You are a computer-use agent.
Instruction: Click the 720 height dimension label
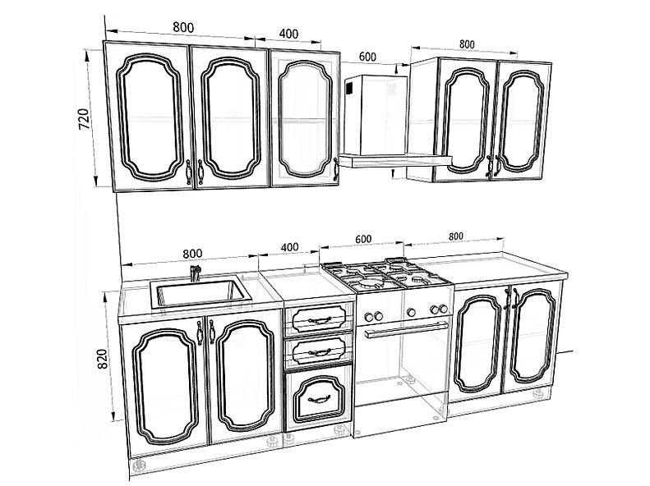click(x=83, y=119)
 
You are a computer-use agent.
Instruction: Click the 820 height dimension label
click(x=102, y=359)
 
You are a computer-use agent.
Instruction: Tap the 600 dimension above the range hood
click(x=367, y=57)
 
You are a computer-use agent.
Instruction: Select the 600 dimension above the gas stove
click(x=363, y=239)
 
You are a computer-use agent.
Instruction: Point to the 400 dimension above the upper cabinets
click(x=288, y=33)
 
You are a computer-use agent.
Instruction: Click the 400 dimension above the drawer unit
click(x=289, y=247)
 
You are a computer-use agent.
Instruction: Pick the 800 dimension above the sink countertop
click(x=192, y=254)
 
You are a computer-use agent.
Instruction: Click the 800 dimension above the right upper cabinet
click(x=467, y=44)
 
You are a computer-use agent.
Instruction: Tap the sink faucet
click(x=195, y=273)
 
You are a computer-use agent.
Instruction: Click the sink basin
click(x=201, y=293)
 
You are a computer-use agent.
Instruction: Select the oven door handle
click(x=407, y=329)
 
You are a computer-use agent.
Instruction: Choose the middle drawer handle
click(x=320, y=353)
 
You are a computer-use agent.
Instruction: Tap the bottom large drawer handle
click(x=319, y=399)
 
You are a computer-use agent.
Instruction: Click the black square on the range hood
click(x=349, y=88)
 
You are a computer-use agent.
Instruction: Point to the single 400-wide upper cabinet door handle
click(x=335, y=170)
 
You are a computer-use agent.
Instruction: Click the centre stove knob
click(x=411, y=312)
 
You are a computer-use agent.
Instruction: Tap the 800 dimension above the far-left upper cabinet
click(x=183, y=27)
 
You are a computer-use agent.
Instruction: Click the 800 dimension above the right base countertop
click(x=455, y=236)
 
